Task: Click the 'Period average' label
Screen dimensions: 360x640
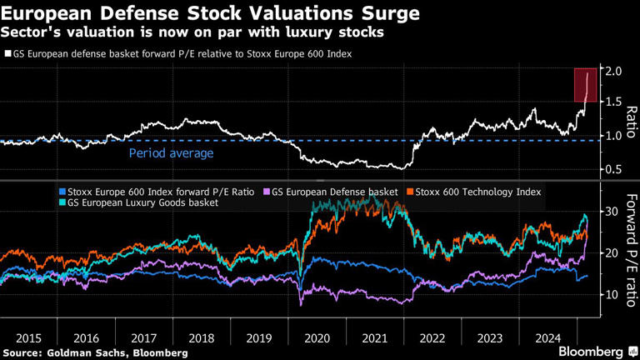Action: (x=171, y=153)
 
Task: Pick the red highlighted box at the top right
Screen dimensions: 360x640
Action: (x=584, y=84)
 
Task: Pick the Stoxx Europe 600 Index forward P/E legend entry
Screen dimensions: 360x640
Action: (x=158, y=192)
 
